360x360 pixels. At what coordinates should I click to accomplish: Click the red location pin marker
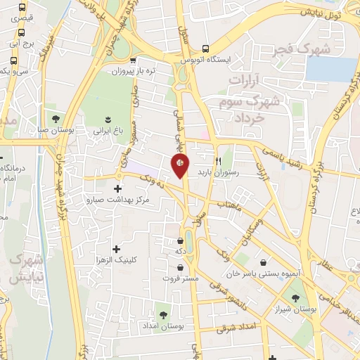click(x=181, y=165)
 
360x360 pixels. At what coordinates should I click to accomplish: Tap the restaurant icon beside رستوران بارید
click(x=219, y=160)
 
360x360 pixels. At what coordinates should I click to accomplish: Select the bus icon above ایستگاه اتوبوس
click(x=205, y=49)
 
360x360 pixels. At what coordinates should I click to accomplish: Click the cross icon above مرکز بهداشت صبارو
click(x=117, y=188)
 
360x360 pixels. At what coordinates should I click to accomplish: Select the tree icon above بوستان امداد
click(x=164, y=316)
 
